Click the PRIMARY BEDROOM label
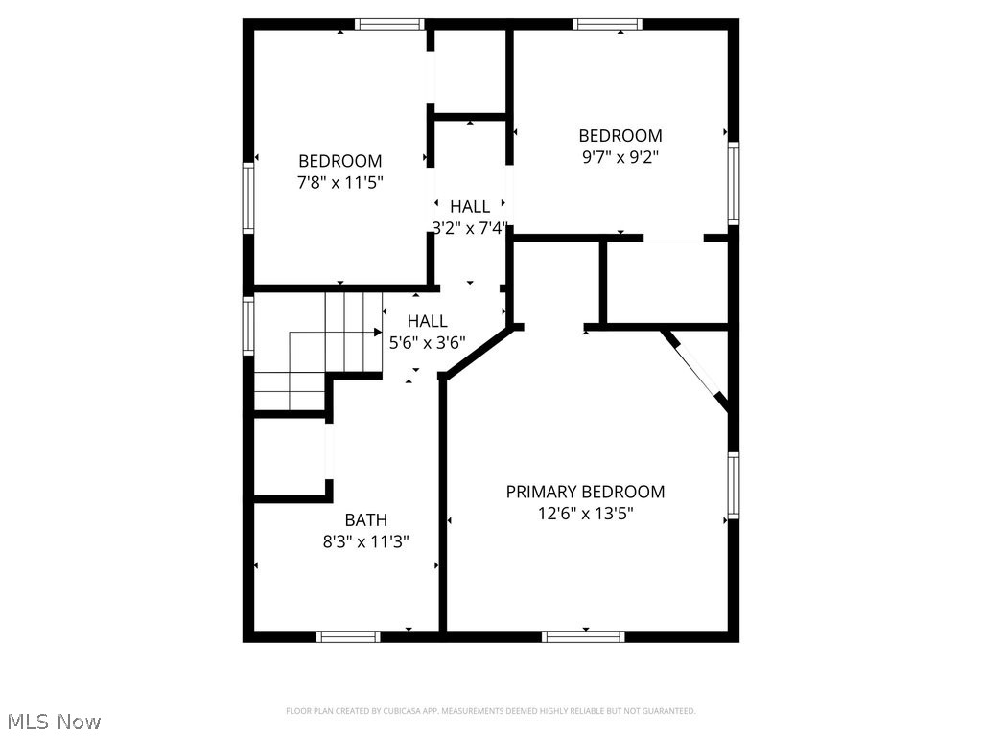[x=585, y=492]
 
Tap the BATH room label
[x=366, y=520]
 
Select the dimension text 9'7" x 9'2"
[x=620, y=157]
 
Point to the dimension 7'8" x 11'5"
[x=340, y=182]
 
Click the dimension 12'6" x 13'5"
[x=585, y=514]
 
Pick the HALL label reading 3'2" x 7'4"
[x=470, y=206]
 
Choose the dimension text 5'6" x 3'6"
[x=427, y=342]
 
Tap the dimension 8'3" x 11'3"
[x=366, y=541]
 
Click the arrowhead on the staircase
[x=378, y=332]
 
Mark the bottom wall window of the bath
[x=348, y=635]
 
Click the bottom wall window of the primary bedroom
[x=583, y=635]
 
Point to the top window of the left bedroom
[x=389, y=24]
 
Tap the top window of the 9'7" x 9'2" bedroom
[x=608, y=24]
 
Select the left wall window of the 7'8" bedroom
[x=247, y=198]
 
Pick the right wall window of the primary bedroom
[x=734, y=485]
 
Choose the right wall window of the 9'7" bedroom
[x=734, y=182]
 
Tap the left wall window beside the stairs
[x=247, y=327]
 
